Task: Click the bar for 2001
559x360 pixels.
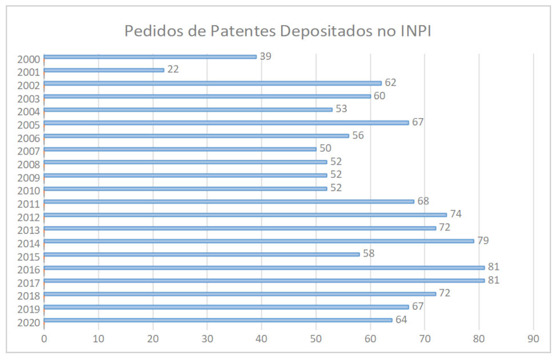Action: (x=104, y=70)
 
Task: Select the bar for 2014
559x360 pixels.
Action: (x=258, y=241)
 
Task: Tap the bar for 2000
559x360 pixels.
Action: (x=150, y=56)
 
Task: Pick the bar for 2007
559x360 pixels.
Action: (x=180, y=149)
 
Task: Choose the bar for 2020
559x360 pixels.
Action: (x=218, y=319)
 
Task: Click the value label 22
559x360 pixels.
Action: (x=173, y=70)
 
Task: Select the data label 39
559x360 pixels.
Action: (x=265, y=56)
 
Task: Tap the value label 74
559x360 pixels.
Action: (x=456, y=214)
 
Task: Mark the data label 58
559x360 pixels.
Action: (x=368, y=253)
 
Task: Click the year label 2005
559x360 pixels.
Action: (x=29, y=125)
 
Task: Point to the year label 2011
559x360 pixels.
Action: (x=29, y=204)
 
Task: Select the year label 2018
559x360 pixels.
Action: (x=29, y=296)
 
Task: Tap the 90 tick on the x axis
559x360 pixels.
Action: (x=533, y=338)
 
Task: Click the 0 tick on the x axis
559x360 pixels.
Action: (x=44, y=338)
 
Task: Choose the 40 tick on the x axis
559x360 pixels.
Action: (x=262, y=338)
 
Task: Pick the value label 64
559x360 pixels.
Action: (x=401, y=319)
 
